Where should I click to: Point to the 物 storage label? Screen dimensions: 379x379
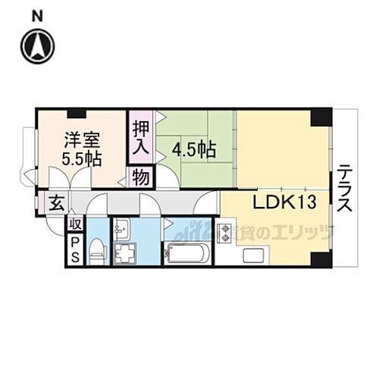point(142,177)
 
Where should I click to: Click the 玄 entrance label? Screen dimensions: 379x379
point(56,203)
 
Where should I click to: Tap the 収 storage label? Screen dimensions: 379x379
point(74,224)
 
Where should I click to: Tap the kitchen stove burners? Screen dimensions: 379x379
point(225,233)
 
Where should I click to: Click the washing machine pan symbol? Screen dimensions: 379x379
point(124,252)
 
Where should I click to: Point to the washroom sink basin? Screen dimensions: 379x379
point(122,227)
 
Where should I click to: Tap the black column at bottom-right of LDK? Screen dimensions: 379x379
point(322,258)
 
